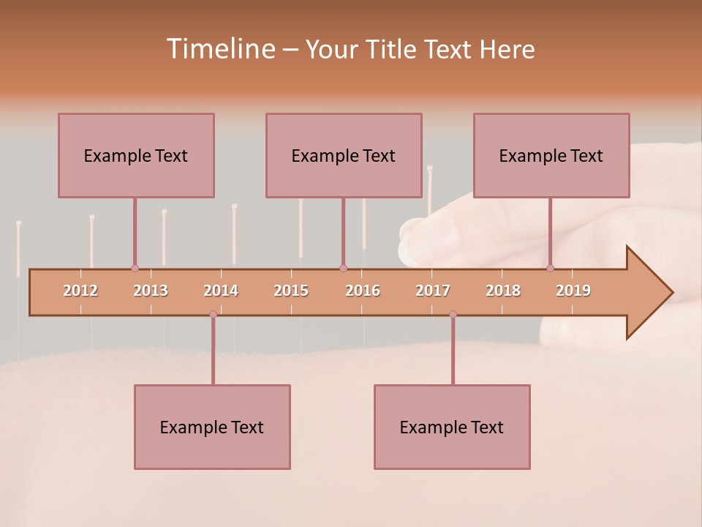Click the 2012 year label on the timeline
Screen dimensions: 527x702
tap(80, 291)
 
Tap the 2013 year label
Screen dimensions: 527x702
tap(151, 291)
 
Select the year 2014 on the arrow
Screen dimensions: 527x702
tap(221, 291)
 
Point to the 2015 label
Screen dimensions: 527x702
tap(291, 291)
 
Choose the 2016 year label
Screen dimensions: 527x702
tap(363, 291)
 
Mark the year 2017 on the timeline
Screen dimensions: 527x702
tap(433, 291)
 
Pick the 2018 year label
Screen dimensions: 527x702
tap(503, 291)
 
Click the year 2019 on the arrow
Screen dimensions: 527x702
tap(573, 291)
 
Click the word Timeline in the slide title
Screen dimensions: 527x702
tap(219, 49)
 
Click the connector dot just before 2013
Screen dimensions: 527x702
tap(135, 268)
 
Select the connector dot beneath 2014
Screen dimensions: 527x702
tap(213, 314)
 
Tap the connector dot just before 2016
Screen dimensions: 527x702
tap(343, 268)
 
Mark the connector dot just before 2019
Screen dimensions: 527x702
tap(550, 268)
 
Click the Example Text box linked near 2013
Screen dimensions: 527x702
tap(136, 155)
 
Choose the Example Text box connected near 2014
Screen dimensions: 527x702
tap(212, 427)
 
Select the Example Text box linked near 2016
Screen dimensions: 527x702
tap(344, 155)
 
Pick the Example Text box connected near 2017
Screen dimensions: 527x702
tap(452, 427)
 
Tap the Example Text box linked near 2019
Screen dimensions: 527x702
tap(551, 155)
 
